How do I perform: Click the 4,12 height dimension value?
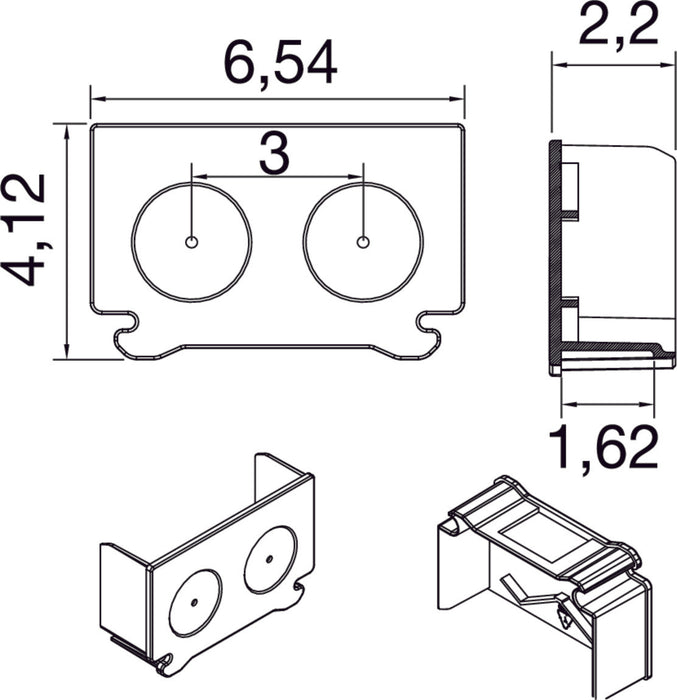[x=26, y=230]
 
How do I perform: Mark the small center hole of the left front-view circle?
[x=191, y=241]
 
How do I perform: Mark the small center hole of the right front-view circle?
[x=363, y=241]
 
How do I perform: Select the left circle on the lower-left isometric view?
[x=193, y=602]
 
